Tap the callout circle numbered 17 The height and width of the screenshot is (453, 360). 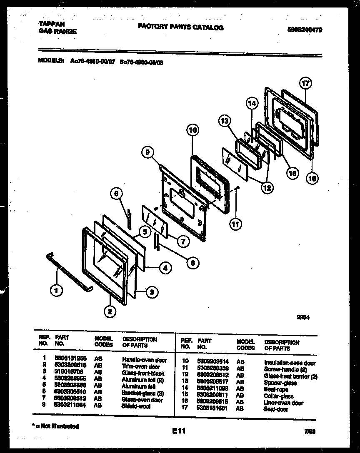(305, 83)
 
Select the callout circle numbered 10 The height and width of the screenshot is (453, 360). (192, 130)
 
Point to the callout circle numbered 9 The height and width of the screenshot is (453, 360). (147, 153)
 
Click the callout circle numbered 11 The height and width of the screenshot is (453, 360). (236, 224)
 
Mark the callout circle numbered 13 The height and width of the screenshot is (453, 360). (225, 121)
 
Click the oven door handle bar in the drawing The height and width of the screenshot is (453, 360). (69, 270)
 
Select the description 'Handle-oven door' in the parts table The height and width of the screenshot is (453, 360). (144, 359)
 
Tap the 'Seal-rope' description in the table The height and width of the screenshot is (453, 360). (276, 390)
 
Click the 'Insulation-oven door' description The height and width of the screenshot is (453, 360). (290, 363)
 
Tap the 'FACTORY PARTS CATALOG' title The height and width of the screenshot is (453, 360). (180, 27)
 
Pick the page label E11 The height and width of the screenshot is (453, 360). (178, 432)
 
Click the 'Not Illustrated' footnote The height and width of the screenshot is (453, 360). (57, 426)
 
